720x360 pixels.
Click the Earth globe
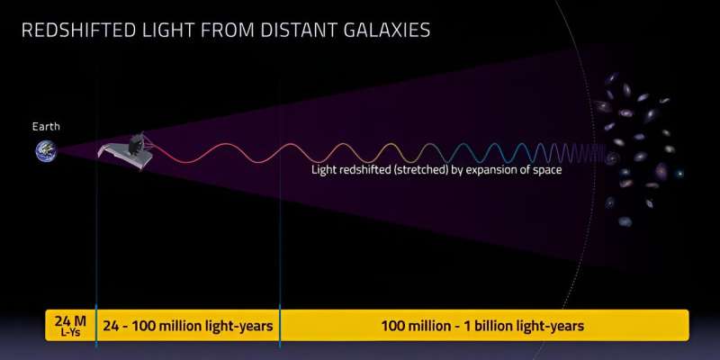(46, 151)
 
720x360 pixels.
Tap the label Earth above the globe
(46, 127)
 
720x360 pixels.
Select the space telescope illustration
(126, 151)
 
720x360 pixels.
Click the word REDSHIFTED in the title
(79, 31)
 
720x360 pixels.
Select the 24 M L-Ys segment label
(70, 326)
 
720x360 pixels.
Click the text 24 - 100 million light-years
(187, 327)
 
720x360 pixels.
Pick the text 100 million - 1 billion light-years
(482, 327)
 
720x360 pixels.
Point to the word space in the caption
(545, 171)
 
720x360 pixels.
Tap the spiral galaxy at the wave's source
(612, 159)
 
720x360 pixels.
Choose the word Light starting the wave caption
(321, 170)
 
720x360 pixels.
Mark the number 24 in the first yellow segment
(62, 321)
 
